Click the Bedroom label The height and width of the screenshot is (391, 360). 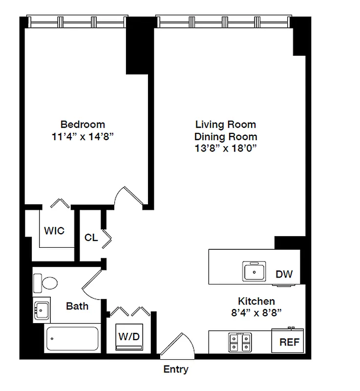83,124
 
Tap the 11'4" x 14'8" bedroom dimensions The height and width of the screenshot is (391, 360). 83,137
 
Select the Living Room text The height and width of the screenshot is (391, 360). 226,124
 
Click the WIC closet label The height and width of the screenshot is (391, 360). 54,231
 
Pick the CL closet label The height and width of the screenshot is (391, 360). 91,238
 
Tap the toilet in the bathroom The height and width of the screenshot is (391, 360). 46,282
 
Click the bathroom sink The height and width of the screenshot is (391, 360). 42,309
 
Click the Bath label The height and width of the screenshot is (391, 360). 77,306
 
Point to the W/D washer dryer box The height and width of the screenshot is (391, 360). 129,337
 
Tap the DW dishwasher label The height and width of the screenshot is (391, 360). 284,274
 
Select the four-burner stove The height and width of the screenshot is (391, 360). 240,342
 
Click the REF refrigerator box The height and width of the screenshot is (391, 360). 288,342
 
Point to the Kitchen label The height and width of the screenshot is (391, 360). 256,301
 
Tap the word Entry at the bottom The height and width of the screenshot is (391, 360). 176,369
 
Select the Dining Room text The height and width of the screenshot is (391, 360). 226,137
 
